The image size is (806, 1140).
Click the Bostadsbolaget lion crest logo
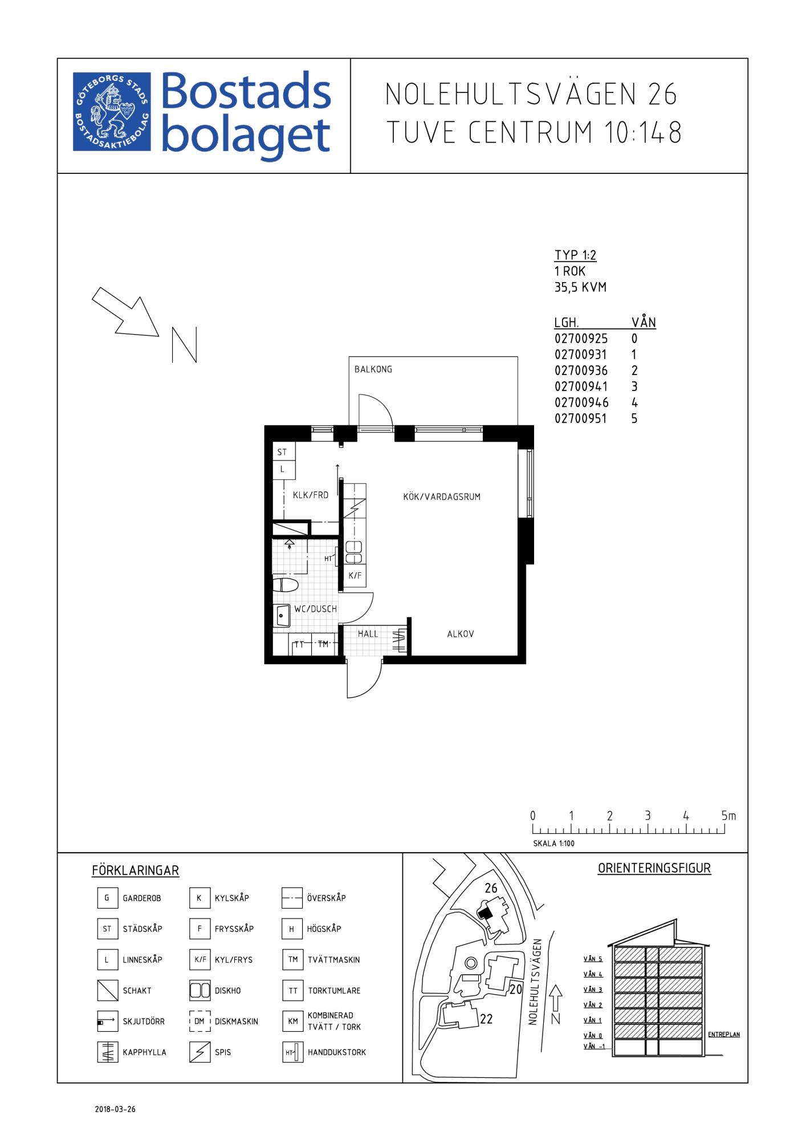pos(112,112)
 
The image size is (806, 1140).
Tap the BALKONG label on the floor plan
pos(373,369)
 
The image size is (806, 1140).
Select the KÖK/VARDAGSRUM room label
pos(442,496)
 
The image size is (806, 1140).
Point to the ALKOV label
pos(461,634)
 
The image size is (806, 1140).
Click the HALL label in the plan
pos(368,634)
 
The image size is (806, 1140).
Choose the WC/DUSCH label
pos(315,609)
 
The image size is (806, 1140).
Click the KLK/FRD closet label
pos(311,495)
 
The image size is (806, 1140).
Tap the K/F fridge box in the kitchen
pos(355,576)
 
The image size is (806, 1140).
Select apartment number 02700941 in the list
pos(581,386)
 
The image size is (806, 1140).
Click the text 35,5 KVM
pos(580,287)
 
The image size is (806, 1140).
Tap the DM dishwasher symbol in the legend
pos(200,1021)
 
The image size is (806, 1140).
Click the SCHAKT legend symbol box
pos(107,991)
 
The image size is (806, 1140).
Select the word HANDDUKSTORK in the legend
pos(337,1052)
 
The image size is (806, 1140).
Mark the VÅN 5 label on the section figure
pos(593,959)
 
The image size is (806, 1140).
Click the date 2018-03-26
pos(115,1110)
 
